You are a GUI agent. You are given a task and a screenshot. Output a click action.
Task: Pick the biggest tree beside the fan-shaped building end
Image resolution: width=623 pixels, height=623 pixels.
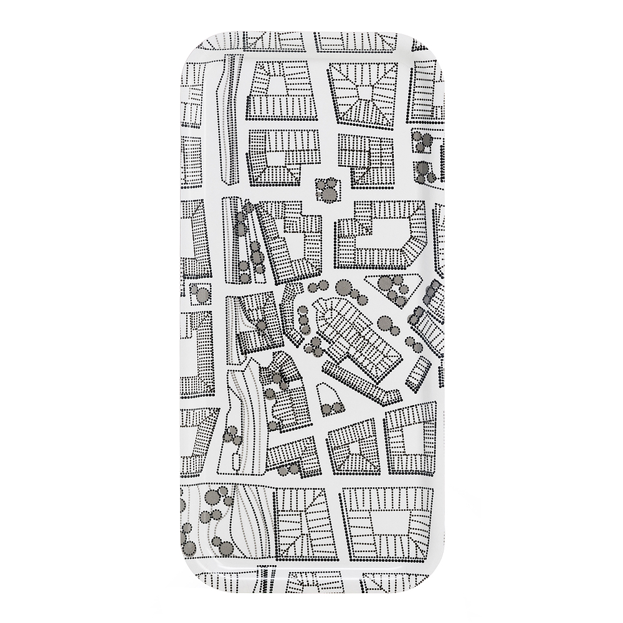(x=385, y=323)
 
